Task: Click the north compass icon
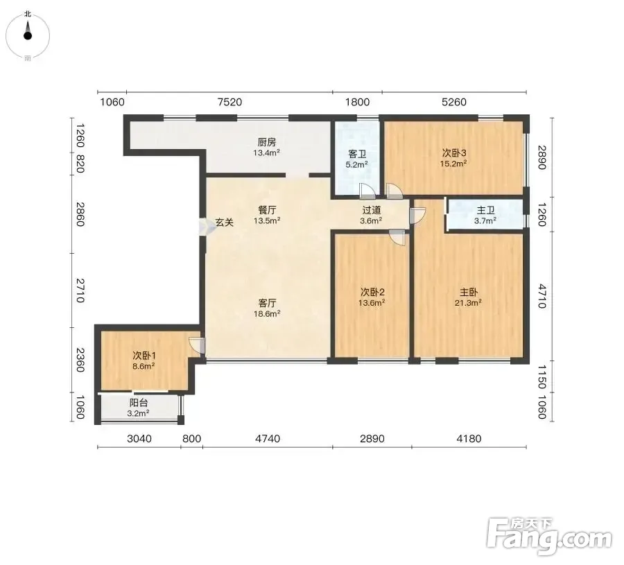click(28, 36)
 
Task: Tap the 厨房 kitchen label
click(267, 147)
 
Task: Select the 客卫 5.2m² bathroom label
click(357, 159)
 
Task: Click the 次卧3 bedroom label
click(453, 158)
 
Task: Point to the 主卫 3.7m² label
click(485, 216)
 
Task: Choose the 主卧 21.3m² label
click(469, 297)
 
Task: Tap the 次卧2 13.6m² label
click(372, 297)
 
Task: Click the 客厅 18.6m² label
click(267, 308)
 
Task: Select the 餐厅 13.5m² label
click(267, 216)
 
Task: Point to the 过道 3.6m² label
click(372, 216)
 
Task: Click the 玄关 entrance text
click(225, 223)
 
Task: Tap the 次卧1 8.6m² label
click(144, 360)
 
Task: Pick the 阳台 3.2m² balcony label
click(138, 408)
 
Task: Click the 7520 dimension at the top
click(229, 103)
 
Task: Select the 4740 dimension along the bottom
click(268, 438)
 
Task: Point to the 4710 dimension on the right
click(542, 296)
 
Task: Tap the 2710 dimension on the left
click(80, 290)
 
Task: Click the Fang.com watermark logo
click(549, 537)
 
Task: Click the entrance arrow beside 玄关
click(204, 228)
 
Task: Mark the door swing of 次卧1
click(197, 345)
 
